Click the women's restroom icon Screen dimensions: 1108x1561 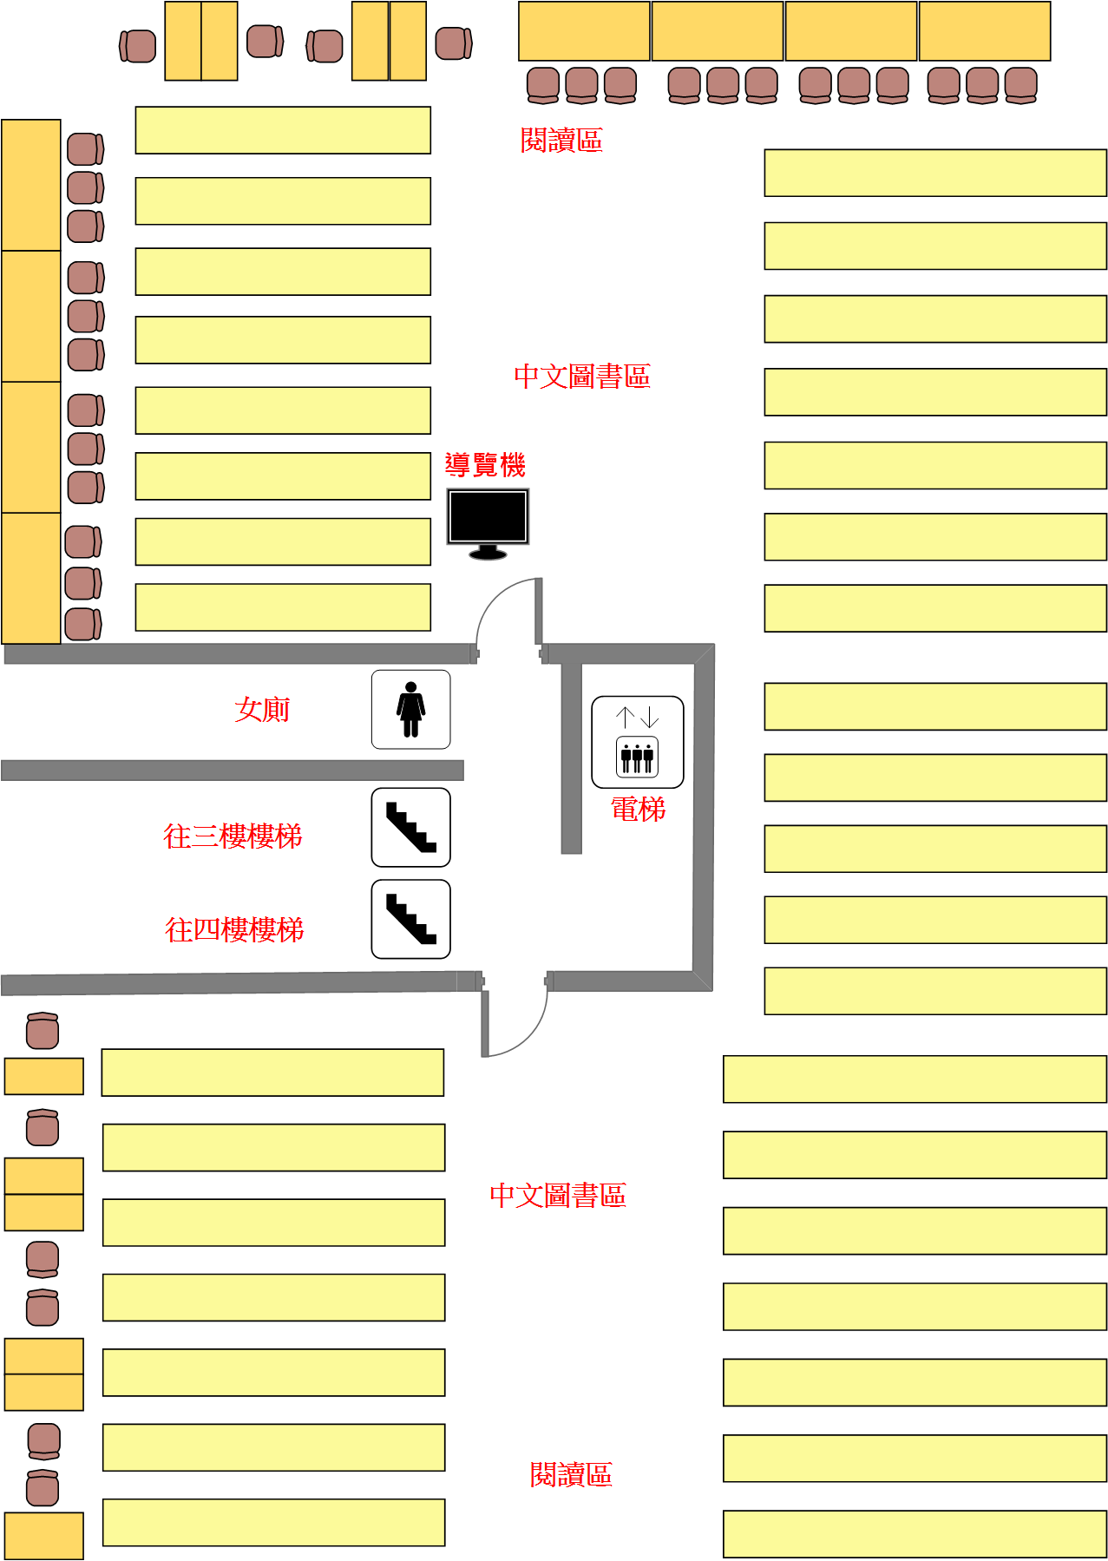(x=411, y=709)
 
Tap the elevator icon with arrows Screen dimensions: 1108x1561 (x=638, y=742)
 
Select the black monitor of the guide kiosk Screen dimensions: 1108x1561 (x=488, y=524)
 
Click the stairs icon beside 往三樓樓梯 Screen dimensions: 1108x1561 (x=411, y=827)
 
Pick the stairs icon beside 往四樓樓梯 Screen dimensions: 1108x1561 (x=411, y=919)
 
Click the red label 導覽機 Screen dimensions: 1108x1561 (x=485, y=465)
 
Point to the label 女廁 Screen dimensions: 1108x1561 (x=262, y=709)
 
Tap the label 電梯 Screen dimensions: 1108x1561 (x=639, y=809)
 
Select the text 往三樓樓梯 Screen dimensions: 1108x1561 (x=233, y=836)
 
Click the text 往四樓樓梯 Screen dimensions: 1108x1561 (x=235, y=929)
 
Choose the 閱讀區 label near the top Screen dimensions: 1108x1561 (x=561, y=140)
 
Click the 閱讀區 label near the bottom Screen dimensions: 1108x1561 (x=571, y=1474)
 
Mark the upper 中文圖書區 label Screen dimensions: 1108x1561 (x=582, y=376)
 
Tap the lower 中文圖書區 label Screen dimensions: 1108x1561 (x=558, y=1195)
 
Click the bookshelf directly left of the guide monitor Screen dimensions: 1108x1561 (x=283, y=476)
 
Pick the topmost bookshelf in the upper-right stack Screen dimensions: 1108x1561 (x=935, y=173)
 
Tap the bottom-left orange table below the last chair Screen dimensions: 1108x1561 (x=44, y=1536)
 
